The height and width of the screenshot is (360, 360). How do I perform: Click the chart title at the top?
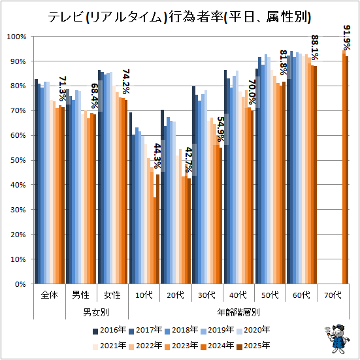(x=180, y=17)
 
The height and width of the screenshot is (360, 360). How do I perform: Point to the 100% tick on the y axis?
(x=16, y=37)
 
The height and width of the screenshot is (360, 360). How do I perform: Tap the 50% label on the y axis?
(x=18, y=160)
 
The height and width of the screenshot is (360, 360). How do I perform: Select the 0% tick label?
(x=20, y=284)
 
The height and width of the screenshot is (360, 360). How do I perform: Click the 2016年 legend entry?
(x=109, y=330)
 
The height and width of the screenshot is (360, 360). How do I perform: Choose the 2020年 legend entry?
(x=253, y=330)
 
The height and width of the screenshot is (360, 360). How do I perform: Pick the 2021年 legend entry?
(x=109, y=346)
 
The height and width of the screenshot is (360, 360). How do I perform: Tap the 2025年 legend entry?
(x=253, y=346)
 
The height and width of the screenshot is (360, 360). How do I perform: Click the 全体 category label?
(x=50, y=295)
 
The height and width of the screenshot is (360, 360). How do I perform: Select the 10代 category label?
(x=144, y=295)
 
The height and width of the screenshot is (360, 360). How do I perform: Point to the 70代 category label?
(x=333, y=295)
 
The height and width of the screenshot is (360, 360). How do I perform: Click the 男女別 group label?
(x=96, y=312)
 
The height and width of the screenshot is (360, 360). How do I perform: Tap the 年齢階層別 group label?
(x=238, y=312)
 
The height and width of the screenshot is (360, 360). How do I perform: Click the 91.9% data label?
(x=347, y=38)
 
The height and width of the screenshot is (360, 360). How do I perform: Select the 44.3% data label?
(x=157, y=156)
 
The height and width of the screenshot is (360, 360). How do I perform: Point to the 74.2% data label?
(x=126, y=82)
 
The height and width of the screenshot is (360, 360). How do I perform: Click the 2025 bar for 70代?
(x=347, y=170)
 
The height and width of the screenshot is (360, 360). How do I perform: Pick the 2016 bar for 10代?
(x=131, y=198)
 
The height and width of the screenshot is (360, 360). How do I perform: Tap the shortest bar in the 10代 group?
(x=155, y=240)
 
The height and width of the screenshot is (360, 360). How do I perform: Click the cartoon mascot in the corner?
(x=337, y=338)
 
